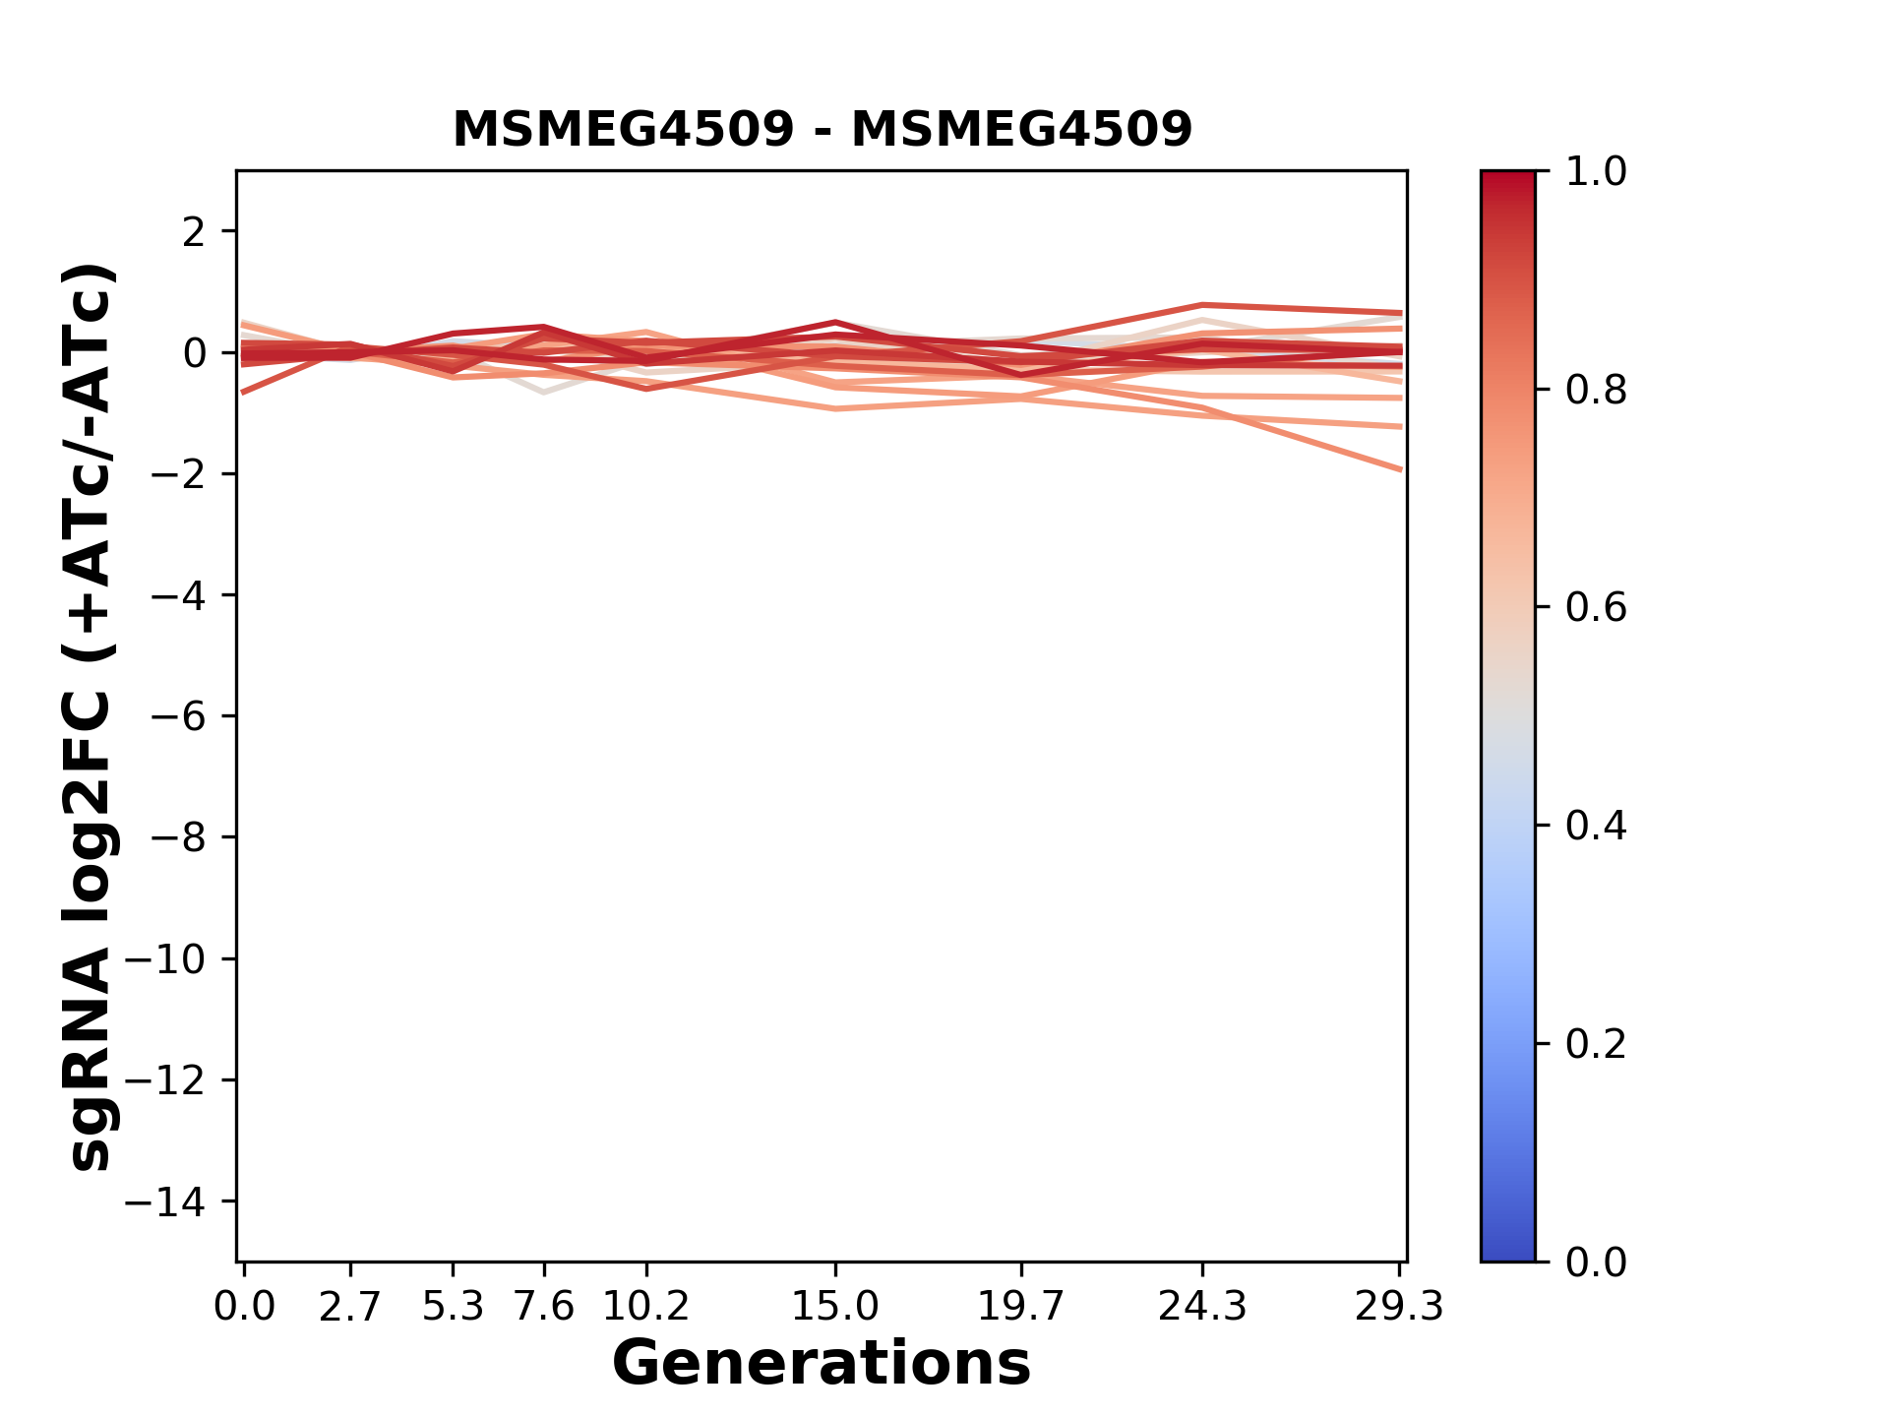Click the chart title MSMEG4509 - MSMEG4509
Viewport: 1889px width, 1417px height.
click(x=823, y=129)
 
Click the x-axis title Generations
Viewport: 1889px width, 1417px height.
click(x=822, y=1364)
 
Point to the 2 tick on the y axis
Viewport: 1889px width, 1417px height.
click(x=194, y=232)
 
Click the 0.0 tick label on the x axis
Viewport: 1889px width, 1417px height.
click(x=244, y=1307)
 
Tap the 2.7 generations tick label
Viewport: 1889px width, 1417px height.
click(x=350, y=1307)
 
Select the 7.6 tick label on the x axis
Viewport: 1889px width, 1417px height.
click(x=544, y=1307)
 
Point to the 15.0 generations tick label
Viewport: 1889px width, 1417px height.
click(x=835, y=1307)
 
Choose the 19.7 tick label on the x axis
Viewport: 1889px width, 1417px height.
click(x=1021, y=1307)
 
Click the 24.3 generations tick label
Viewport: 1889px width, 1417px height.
click(x=1202, y=1307)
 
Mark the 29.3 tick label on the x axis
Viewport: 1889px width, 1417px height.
click(x=1399, y=1307)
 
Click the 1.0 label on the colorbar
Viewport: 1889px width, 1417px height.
click(x=1596, y=172)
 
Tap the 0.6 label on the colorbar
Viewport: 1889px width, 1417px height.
click(x=1596, y=608)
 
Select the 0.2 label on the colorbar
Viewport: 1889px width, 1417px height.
click(x=1596, y=1044)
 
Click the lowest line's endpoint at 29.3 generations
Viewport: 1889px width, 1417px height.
click(x=1400, y=469)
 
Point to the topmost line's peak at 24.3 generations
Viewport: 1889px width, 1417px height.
click(x=1202, y=305)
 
